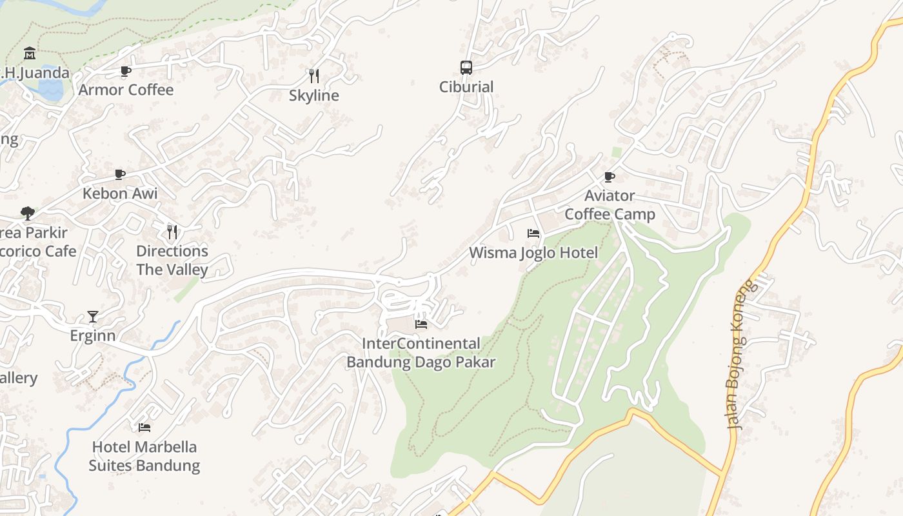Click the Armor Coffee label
tap(126, 90)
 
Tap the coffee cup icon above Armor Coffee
tap(126, 71)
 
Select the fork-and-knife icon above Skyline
tap(314, 76)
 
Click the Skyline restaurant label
tap(314, 95)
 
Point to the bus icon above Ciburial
tap(466, 67)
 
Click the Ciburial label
tap(466, 86)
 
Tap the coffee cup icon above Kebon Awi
tap(120, 174)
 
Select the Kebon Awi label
tap(120, 193)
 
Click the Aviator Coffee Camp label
tap(610, 204)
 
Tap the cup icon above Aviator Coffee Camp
tap(610, 177)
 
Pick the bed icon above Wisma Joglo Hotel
tap(533, 233)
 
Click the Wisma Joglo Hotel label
tap(533, 252)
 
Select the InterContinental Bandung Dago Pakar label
tap(421, 352)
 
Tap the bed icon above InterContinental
tap(421, 324)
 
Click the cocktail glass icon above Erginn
tap(93, 317)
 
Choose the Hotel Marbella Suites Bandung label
tap(144, 455)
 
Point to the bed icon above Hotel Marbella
tap(144, 427)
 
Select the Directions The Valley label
tap(172, 260)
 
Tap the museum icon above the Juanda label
tap(29, 53)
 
